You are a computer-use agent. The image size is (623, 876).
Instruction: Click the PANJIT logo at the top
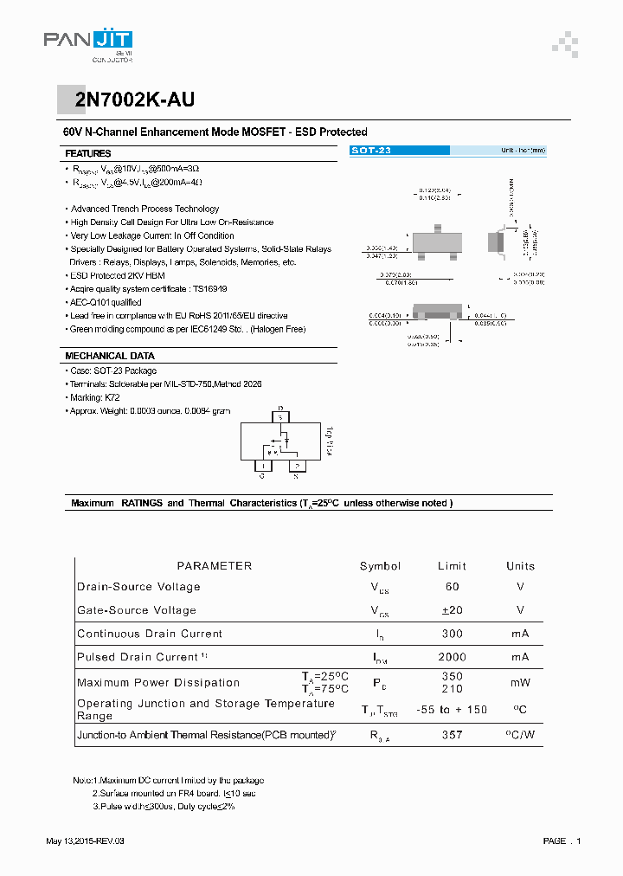click(x=87, y=41)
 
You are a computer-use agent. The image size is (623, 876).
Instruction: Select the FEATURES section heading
click(x=87, y=153)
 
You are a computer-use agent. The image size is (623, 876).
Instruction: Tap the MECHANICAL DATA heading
click(x=110, y=356)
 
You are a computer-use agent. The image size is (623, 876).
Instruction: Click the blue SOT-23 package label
click(x=371, y=151)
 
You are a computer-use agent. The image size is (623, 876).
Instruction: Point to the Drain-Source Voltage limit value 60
click(x=452, y=587)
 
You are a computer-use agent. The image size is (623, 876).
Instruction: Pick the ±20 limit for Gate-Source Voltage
click(x=452, y=610)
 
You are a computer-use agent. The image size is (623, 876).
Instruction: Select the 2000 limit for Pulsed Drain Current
click(x=452, y=657)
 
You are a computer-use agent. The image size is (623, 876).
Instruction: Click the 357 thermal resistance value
click(x=452, y=735)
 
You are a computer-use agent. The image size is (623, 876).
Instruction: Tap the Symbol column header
click(x=380, y=566)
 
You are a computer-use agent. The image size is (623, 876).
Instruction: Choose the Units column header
click(x=520, y=566)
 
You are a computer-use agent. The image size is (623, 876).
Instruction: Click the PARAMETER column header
click(x=214, y=566)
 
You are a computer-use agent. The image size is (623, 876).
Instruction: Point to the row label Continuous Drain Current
click(x=150, y=634)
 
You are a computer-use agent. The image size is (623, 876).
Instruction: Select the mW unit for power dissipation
click(x=520, y=682)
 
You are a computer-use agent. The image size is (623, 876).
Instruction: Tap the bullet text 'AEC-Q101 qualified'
click(x=106, y=302)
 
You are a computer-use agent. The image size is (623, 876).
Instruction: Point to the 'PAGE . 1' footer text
click(x=562, y=841)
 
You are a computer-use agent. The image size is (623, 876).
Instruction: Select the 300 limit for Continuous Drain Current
click(x=452, y=634)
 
